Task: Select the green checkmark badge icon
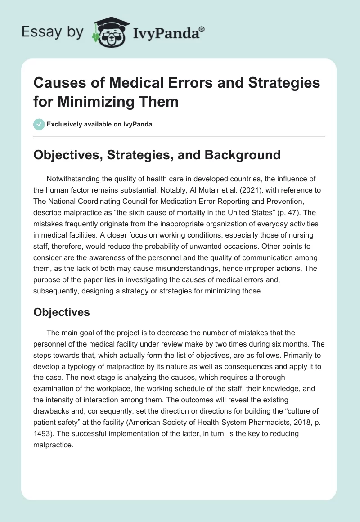[x=39, y=124]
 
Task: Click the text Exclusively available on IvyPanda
[x=99, y=125]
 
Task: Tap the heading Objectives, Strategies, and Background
[x=157, y=155]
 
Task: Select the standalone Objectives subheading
[x=62, y=312]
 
